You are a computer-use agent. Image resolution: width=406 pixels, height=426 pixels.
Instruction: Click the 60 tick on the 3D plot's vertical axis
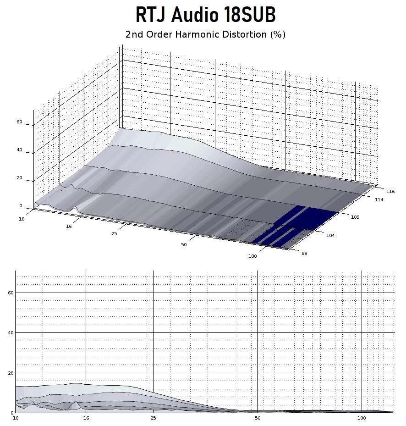[19, 122]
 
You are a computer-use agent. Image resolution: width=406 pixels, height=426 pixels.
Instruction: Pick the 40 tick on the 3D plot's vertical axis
[19, 150]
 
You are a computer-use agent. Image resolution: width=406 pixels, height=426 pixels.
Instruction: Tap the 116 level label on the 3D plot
[390, 192]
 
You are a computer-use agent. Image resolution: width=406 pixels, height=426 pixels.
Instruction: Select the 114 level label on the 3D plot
[379, 199]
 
